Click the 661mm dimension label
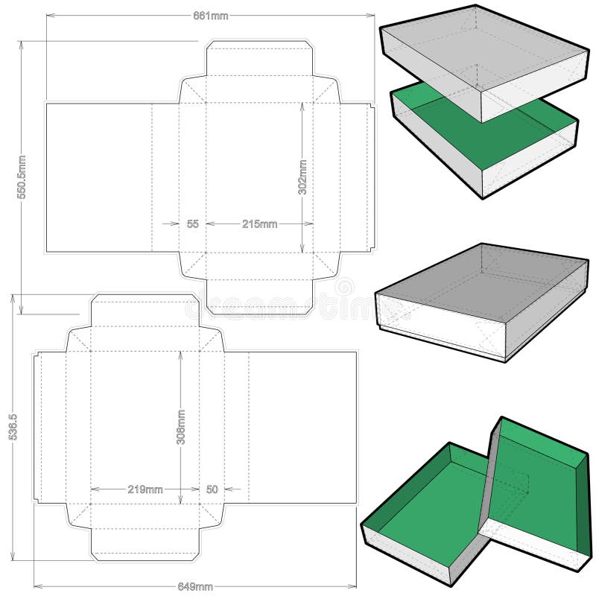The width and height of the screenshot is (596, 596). [212, 17]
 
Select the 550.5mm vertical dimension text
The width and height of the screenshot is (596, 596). [22, 177]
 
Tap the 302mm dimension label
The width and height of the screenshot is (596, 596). [302, 177]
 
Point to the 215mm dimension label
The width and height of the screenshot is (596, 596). [259, 223]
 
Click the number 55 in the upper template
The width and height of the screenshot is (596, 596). [192, 223]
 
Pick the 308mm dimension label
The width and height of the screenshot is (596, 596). [180, 427]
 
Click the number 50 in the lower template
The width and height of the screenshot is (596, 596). [212, 489]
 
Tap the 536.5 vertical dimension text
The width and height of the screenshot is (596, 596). [13, 428]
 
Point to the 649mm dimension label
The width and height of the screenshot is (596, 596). [198, 586]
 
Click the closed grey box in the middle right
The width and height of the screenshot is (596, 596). [481, 302]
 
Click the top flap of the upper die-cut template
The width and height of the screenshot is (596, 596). [259, 60]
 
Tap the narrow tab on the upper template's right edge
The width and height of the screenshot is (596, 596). [372, 177]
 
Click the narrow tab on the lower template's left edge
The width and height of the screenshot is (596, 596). [37, 427]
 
